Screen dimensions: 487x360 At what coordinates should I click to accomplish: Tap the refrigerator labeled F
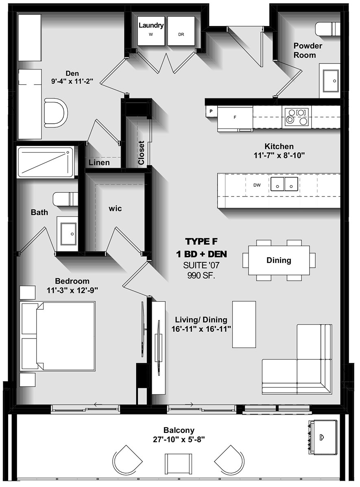235,118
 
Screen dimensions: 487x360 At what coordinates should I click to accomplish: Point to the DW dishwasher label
257,185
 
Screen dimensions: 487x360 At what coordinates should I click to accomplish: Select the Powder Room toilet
328,30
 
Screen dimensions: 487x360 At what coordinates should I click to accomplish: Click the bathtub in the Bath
46,162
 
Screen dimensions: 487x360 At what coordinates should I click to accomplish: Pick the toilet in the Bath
65,199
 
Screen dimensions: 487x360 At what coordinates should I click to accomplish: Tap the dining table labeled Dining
279,260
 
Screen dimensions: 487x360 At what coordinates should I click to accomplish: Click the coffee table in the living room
244,324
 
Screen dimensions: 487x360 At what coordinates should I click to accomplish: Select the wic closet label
115,209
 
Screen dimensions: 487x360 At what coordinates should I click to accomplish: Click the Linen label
100,163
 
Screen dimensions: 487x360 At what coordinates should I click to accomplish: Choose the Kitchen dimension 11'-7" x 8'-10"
279,155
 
